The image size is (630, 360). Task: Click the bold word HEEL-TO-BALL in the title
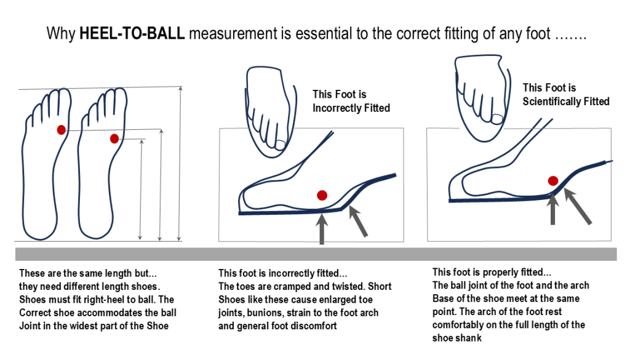[x=132, y=34]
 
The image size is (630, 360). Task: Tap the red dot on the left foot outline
[x=61, y=130]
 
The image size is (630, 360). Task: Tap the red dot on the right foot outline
[x=114, y=138]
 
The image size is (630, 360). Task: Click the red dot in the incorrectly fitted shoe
[x=321, y=196]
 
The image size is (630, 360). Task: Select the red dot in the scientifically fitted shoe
[x=553, y=180]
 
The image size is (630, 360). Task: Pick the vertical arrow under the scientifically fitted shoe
[x=553, y=209]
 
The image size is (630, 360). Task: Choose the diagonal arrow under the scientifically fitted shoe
[x=579, y=207]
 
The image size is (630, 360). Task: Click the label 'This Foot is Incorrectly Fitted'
[x=351, y=101]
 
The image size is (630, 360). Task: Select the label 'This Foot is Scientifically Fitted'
[x=565, y=94]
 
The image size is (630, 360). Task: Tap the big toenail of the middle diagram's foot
[x=280, y=145]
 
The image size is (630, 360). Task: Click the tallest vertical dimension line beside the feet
[x=180, y=164]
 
